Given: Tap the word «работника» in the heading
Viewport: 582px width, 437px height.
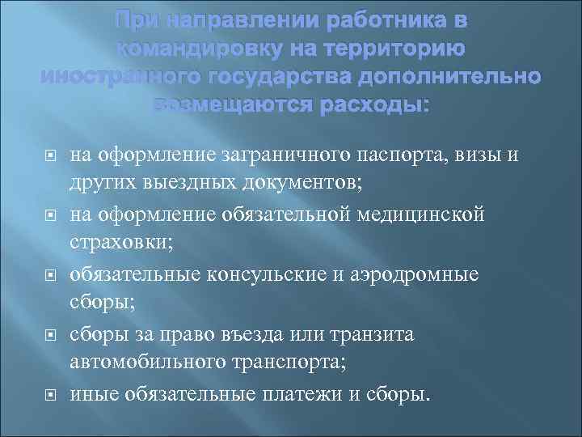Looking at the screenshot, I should pyautogui.click(x=386, y=19).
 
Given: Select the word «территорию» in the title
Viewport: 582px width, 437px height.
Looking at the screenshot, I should pyautogui.click(x=394, y=49).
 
